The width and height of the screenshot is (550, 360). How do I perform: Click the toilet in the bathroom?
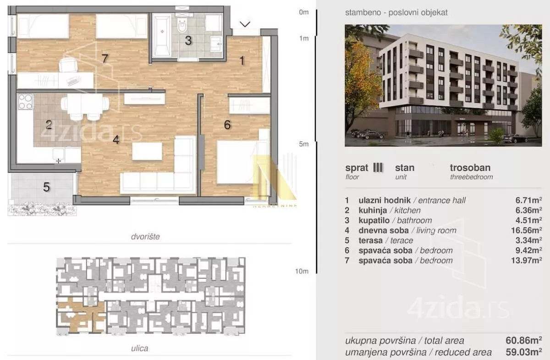pos(182,26)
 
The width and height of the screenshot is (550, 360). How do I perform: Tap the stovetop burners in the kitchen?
pos(25,102)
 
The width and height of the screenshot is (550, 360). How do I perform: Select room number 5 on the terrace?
pos(46,187)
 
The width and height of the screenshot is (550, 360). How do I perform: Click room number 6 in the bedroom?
pos(227,125)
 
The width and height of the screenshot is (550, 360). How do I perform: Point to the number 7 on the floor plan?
pos(105,59)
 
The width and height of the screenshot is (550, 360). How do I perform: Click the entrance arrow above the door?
pos(245,24)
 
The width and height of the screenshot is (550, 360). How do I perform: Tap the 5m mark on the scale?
pos(304,144)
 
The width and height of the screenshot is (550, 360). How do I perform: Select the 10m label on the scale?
pos(302,271)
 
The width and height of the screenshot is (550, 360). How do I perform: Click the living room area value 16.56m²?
pos(527,230)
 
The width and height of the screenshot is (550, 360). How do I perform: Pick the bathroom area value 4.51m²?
pos(528,220)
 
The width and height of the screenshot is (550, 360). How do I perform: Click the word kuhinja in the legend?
pos(373,210)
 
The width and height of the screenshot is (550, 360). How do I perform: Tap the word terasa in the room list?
pos(370,240)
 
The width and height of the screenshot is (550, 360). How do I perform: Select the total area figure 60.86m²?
pos(524,340)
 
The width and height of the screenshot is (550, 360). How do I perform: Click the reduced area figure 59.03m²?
pos(524,352)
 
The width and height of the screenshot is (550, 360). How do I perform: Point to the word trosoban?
pos(470,168)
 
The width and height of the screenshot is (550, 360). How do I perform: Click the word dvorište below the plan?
pos(145,236)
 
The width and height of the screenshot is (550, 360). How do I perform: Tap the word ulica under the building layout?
pos(139,348)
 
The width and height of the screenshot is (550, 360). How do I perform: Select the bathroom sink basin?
pos(216,44)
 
